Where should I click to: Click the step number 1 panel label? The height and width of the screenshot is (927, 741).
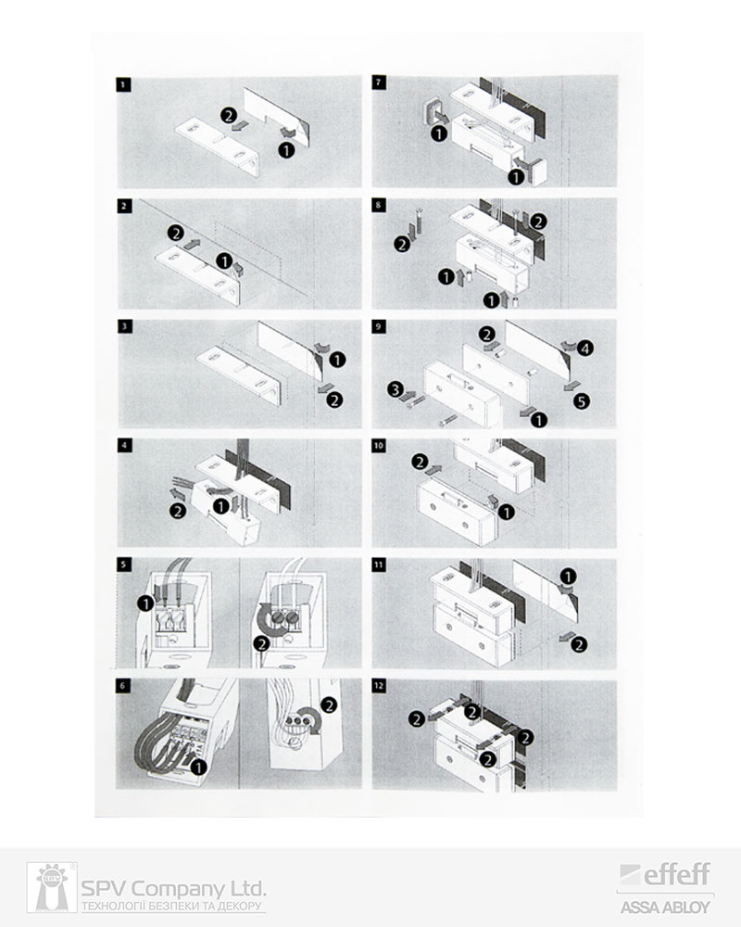click(123, 84)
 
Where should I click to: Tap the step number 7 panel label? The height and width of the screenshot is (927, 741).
click(378, 83)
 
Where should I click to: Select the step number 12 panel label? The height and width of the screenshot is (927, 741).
click(378, 686)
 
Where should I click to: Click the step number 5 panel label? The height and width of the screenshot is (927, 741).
click(123, 565)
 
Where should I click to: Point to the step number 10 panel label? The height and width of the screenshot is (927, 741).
click(378, 446)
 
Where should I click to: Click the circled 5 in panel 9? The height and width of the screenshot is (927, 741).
click(582, 401)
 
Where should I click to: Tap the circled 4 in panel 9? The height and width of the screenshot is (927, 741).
click(584, 349)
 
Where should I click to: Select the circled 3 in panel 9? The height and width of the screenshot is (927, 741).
click(396, 389)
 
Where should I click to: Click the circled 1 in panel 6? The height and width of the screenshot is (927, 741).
click(198, 768)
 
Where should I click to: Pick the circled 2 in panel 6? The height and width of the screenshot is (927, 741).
click(329, 705)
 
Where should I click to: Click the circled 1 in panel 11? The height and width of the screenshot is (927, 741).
click(567, 577)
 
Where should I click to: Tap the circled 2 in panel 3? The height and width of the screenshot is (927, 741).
click(334, 400)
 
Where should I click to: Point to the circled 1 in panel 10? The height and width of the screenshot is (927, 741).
click(506, 512)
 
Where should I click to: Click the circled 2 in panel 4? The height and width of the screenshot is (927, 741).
click(177, 511)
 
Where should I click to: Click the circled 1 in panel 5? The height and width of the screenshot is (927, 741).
click(144, 603)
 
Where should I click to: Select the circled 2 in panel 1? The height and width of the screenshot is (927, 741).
click(229, 115)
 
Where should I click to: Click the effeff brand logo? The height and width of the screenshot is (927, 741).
click(665, 875)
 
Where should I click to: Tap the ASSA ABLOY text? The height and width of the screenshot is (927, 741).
click(665, 907)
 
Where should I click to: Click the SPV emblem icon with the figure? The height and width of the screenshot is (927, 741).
click(52, 887)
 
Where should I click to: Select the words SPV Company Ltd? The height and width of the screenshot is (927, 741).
click(173, 889)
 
